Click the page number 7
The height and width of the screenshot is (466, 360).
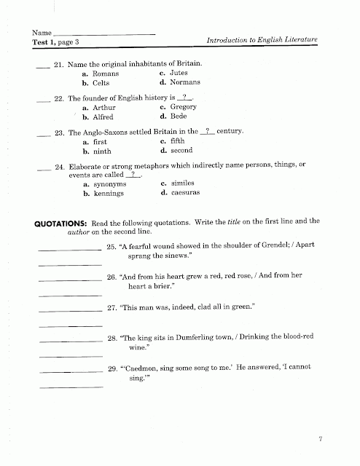[320, 438]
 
